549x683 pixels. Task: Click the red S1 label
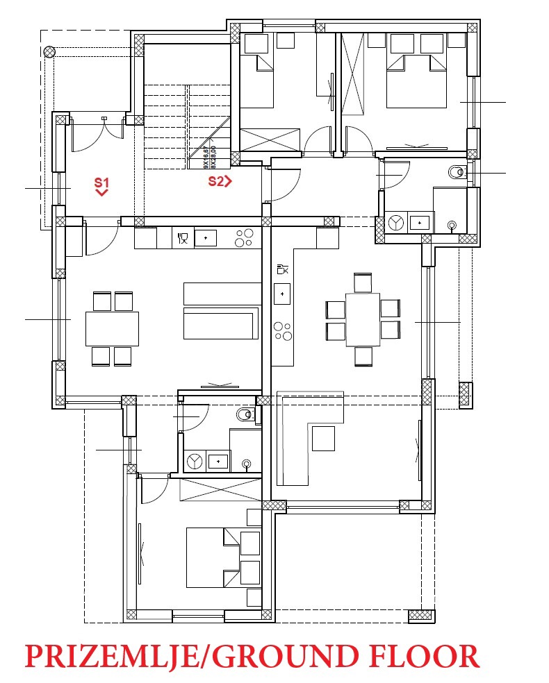tap(101, 183)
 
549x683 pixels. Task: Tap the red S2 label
tap(220, 182)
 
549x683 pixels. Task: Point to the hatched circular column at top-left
tap(49, 51)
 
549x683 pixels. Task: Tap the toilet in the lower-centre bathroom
tap(244, 415)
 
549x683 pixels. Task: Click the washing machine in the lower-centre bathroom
tap(195, 460)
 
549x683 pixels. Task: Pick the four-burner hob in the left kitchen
tap(244, 238)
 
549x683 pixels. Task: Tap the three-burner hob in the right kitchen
tap(283, 330)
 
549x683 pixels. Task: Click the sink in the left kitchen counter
tap(206, 238)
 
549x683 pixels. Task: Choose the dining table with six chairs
tap(363, 319)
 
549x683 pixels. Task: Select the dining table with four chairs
tap(112, 328)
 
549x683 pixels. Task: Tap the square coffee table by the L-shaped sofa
tap(323, 438)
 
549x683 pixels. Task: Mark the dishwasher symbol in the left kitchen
tap(182, 238)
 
